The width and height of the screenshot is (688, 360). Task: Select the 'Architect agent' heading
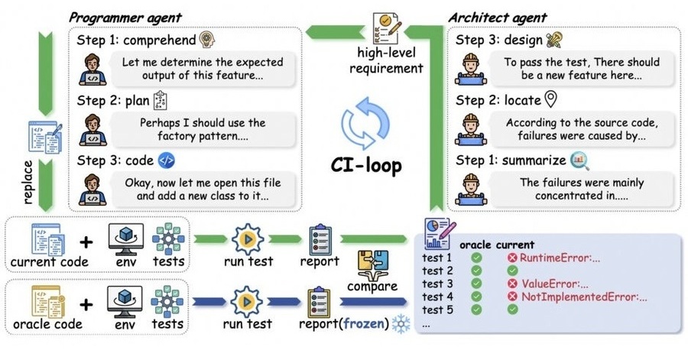(498, 16)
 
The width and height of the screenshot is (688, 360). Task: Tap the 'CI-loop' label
(366, 164)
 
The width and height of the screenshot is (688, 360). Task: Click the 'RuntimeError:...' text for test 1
(560, 258)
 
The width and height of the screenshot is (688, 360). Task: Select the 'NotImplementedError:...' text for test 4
(584, 297)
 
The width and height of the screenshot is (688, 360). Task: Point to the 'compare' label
(373, 287)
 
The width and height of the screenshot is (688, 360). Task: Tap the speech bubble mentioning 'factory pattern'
(203, 128)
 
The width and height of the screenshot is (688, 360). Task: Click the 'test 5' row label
(437, 310)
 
